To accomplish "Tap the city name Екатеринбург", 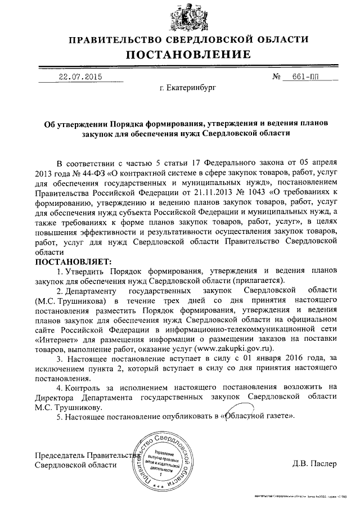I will (187, 88).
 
